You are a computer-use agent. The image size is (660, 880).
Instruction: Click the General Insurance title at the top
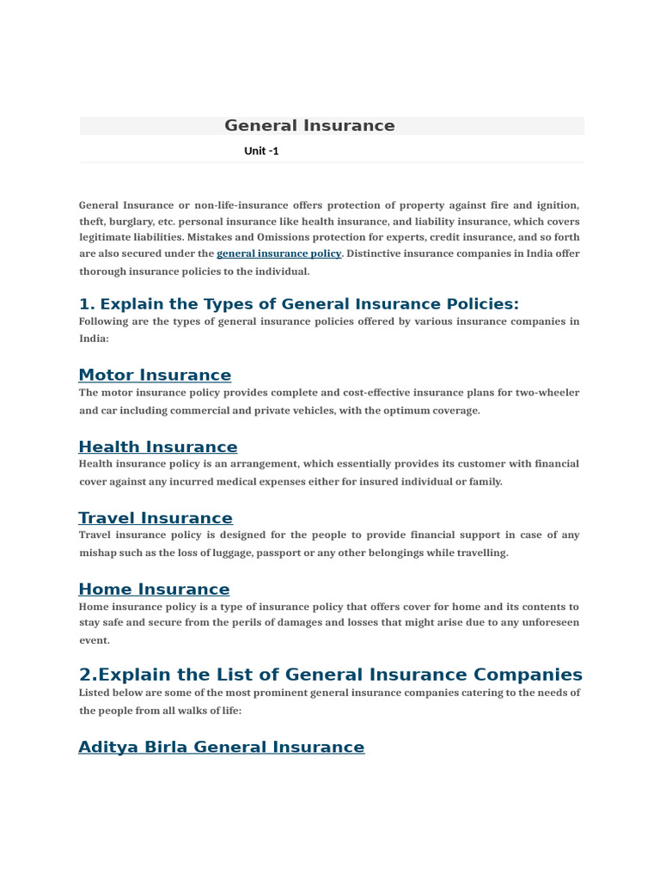coord(309,125)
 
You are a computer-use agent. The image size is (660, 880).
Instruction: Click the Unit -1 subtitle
coord(261,151)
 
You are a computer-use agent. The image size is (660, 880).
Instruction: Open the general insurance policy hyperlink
coord(278,254)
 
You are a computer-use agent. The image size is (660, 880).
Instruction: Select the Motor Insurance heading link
coord(155,376)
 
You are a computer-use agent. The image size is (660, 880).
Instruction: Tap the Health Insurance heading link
coord(157,447)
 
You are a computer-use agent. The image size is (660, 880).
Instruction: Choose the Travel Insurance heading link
coord(155,518)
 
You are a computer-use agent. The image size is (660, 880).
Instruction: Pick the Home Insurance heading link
coord(154,590)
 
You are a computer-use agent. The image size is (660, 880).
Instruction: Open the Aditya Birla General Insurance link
coord(221,748)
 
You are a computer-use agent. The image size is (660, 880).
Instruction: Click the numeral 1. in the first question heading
coord(86,304)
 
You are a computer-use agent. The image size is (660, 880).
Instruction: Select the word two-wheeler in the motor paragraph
coord(547,393)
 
